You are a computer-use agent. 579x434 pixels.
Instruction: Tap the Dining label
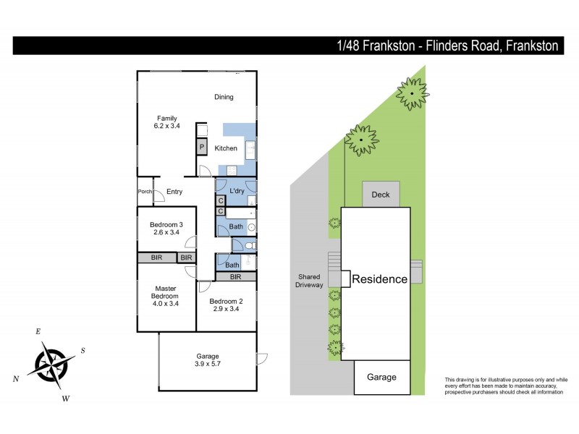(x=224, y=97)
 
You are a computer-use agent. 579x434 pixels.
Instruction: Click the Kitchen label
(x=226, y=148)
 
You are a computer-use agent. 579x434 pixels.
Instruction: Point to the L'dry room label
(x=237, y=191)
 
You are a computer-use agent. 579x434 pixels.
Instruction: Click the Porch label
(x=145, y=192)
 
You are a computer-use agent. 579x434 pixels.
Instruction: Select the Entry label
(x=174, y=192)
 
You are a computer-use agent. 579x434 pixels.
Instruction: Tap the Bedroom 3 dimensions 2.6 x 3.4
(x=166, y=233)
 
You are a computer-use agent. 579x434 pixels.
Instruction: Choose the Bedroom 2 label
(x=225, y=301)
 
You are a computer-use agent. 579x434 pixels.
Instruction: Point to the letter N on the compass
(x=17, y=379)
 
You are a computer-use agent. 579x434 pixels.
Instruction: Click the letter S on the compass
(x=83, y=351)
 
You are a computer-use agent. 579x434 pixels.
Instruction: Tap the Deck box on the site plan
(x=381, y=195)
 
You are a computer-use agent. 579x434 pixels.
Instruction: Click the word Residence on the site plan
(x=380, y=279)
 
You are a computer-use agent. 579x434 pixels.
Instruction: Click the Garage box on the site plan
(x=381, y=377)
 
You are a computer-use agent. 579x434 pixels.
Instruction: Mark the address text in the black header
(x=448, y=46)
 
